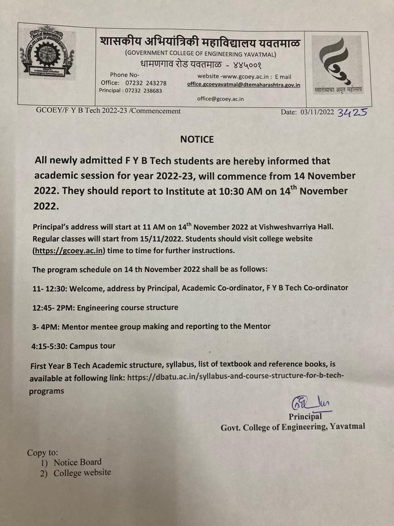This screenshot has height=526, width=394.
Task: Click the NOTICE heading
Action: [x=197, y=139]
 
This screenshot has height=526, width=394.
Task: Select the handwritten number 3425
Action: [x=352, y=112]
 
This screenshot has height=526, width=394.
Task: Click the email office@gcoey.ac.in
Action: [x=220, y=99]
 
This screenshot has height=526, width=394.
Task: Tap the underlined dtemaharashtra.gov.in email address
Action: [x=244, y=85]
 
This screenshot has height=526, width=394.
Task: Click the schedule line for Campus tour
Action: [x=73, y=346]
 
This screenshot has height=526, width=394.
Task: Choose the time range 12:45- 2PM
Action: [x=50, y=307]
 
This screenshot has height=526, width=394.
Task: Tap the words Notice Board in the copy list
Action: [x=77, y=462]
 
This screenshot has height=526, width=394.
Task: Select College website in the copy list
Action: [x=82, y=473]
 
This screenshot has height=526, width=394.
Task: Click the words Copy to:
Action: [x=43, y=453]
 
